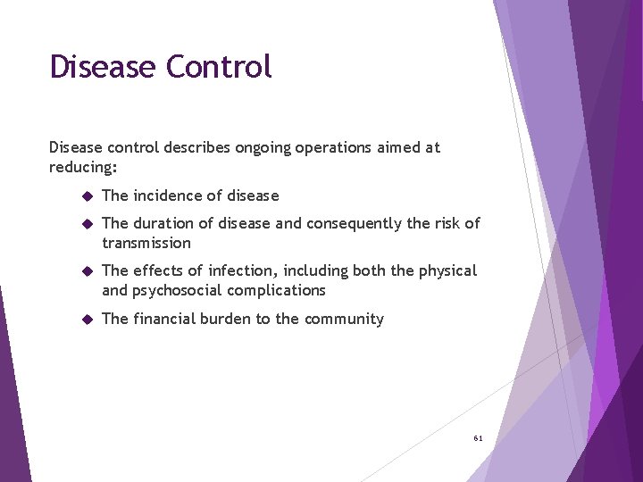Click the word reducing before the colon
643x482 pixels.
click(x=81, y=167)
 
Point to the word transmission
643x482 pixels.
click(x=146, y=243)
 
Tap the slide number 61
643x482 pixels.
click(x=478, y=438)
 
